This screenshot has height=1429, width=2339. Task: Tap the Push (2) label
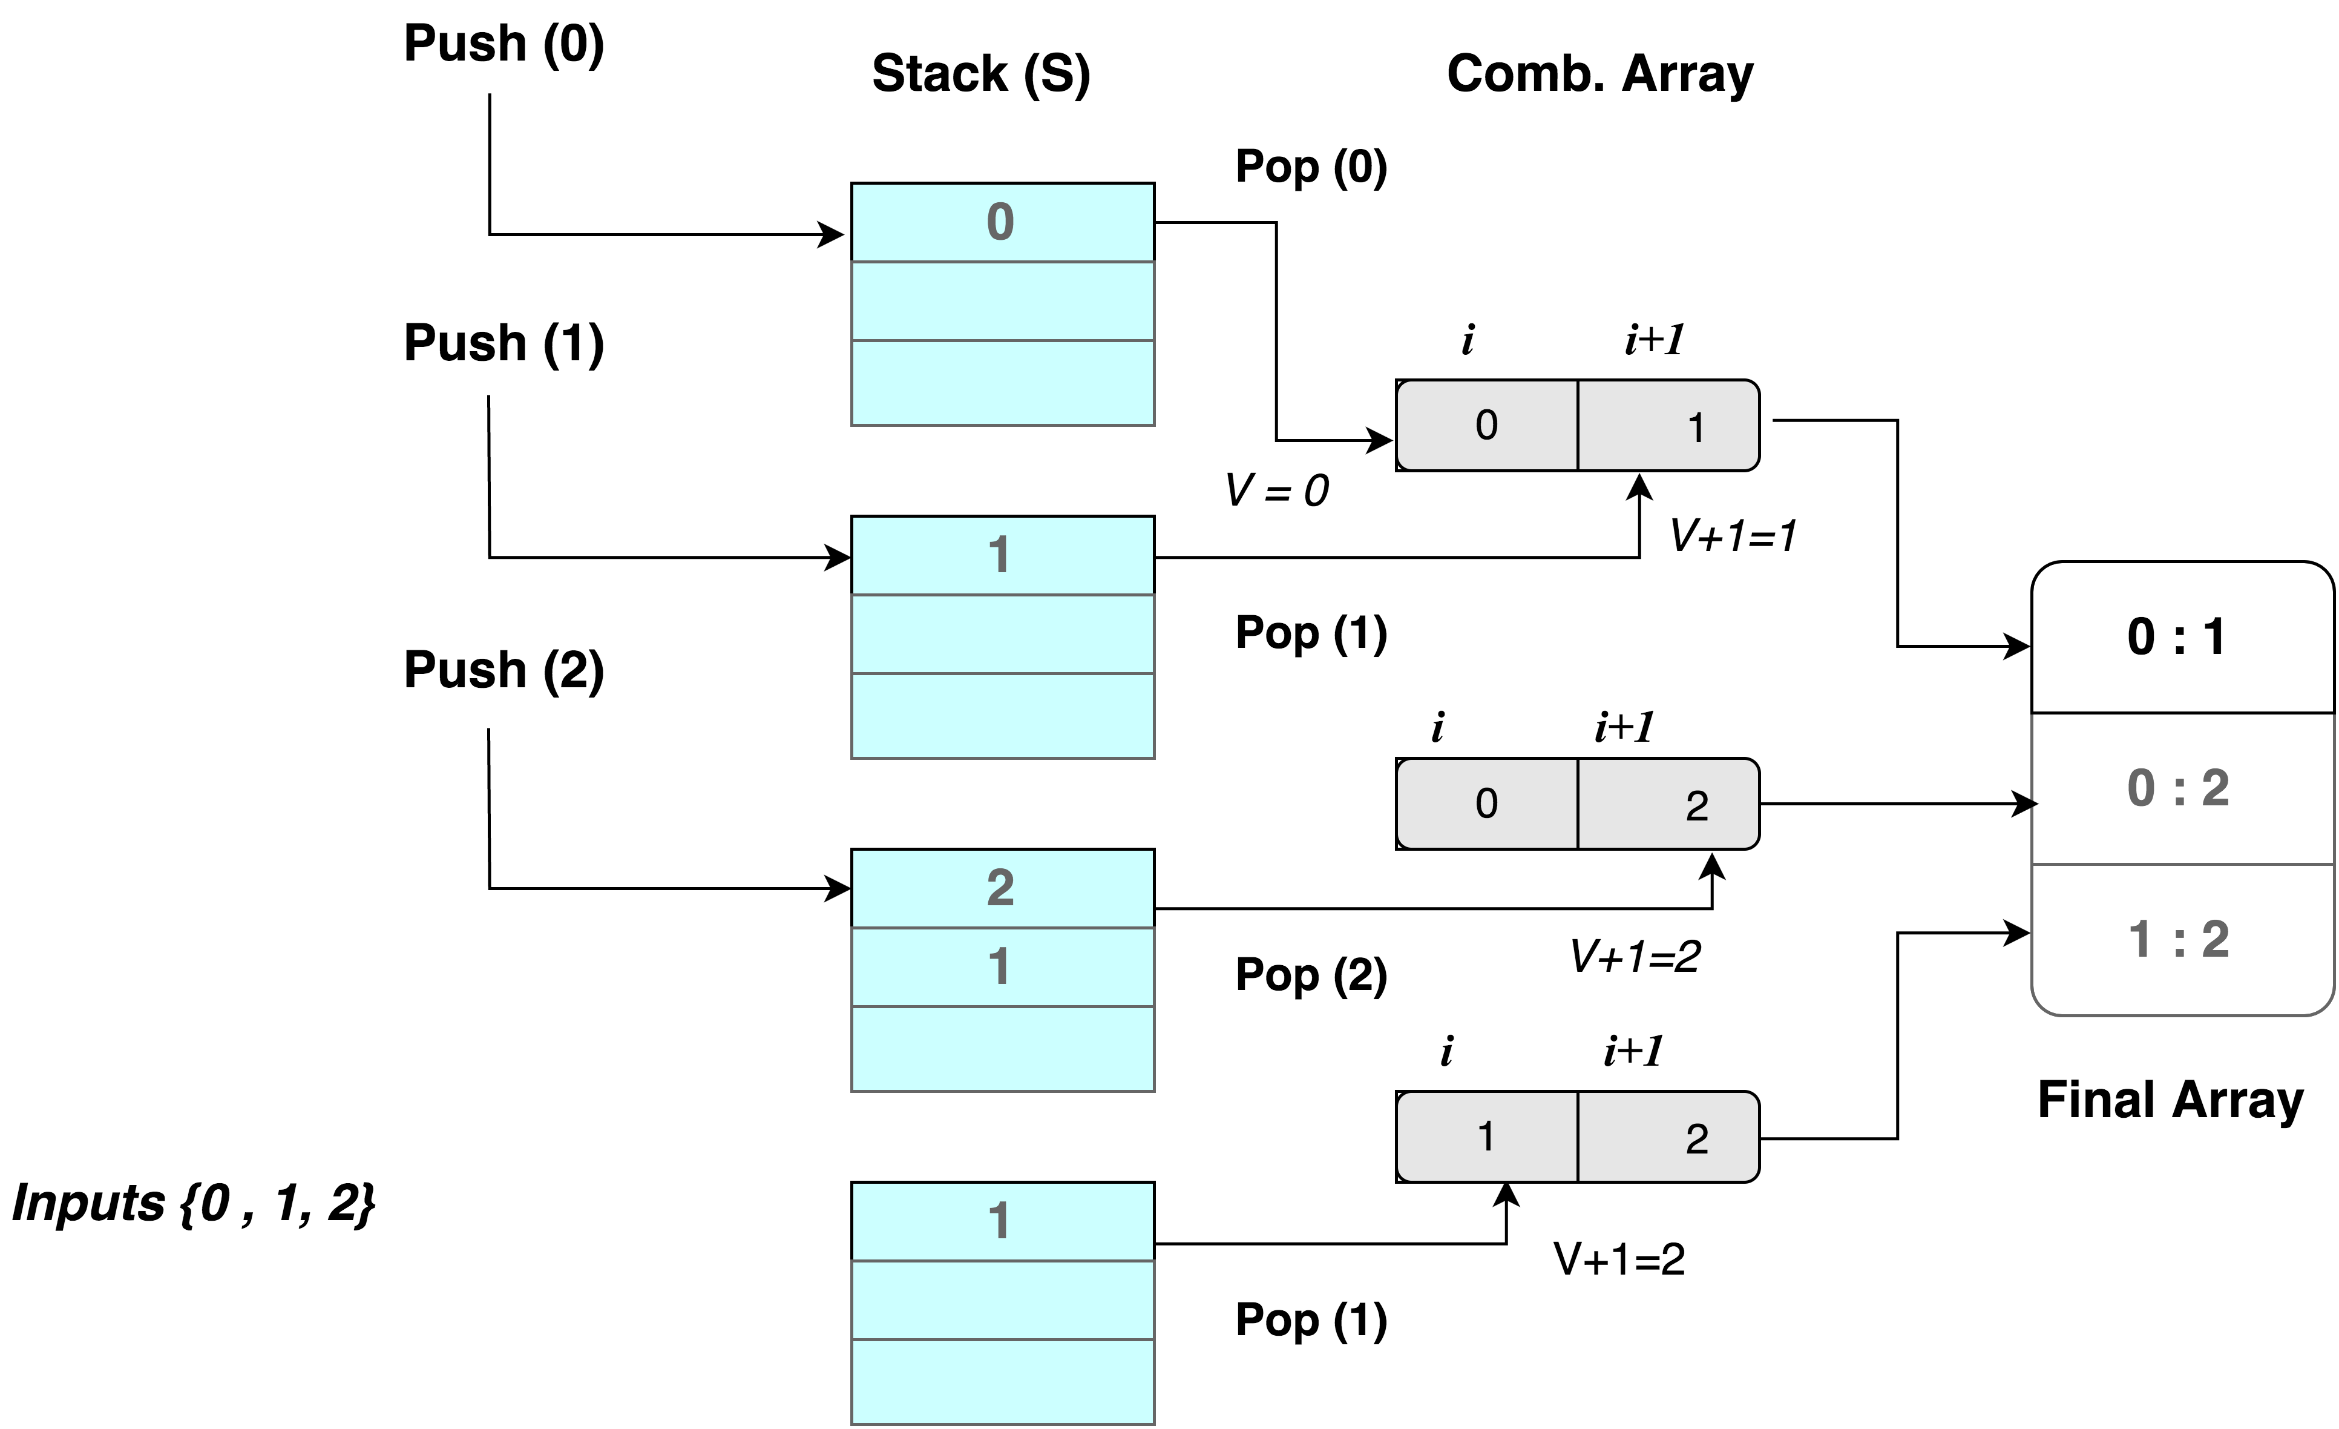504,670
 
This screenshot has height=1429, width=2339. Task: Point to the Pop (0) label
1311,167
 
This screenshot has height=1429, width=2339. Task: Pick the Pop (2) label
1311,975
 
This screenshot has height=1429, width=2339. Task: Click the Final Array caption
2170,1100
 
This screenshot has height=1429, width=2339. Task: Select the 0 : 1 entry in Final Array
2182,637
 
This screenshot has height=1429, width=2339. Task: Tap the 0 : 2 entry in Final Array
2182,788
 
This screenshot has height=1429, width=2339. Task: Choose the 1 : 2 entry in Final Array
2182,940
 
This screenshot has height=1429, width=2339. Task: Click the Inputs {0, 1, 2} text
194,1203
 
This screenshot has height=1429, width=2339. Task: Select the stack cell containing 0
1002,222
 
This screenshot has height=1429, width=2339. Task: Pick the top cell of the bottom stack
1002,1222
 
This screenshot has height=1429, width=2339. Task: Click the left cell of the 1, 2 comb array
1486,1137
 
